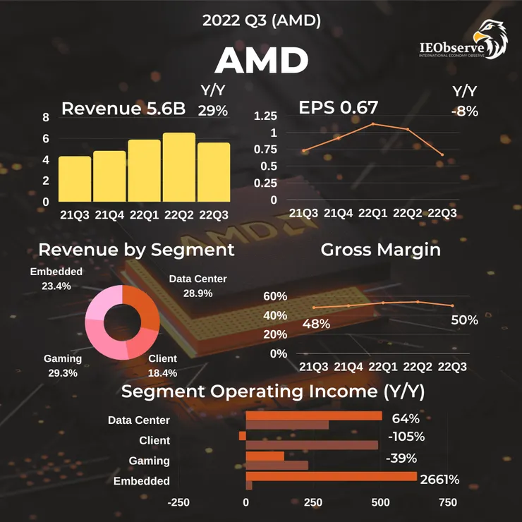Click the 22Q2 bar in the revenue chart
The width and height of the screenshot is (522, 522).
point(179,167)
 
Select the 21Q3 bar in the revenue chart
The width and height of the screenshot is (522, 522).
point(75,179)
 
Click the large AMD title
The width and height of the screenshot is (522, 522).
point(261,61)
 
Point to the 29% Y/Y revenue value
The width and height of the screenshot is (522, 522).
point(213,110)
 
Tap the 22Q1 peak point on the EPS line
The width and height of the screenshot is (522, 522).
point(373,124)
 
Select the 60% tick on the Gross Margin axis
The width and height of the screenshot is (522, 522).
point(275,296)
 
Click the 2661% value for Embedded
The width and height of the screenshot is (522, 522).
point(439,480)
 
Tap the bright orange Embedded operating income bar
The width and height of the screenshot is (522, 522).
point(331,476)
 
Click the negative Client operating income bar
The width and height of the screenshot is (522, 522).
point(243,436)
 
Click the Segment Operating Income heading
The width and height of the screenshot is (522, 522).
point(272,391)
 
